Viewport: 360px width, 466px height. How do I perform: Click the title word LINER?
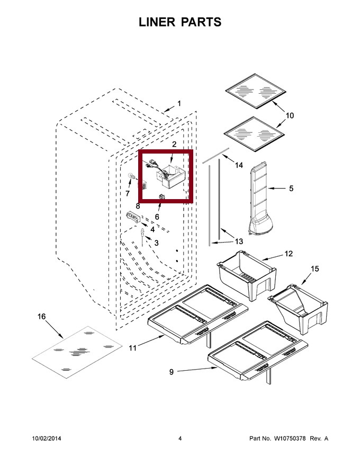click(157, 22)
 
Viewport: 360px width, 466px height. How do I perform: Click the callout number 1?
click(179, 103)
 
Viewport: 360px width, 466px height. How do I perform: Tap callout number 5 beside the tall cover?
click(291, 189)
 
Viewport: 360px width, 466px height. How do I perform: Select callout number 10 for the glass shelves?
click(290, 115)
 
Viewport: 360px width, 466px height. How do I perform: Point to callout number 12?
click(289, 254)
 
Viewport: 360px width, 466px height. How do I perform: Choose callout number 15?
click(315, 268)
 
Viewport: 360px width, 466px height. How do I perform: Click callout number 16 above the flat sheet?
click(42, 317)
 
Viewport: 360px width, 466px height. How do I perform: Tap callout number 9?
click(172, 372)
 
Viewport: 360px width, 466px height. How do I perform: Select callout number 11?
click(132, 348)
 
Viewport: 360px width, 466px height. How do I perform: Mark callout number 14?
click(239, 165)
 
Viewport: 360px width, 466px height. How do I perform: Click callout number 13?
click(239, 241)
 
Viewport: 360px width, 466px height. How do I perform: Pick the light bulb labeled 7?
click(132, 177)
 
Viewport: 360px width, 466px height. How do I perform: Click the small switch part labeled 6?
click(162, 196)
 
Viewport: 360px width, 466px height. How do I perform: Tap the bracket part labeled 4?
click(133, 218)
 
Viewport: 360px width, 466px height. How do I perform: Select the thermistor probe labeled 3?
click(142, 237)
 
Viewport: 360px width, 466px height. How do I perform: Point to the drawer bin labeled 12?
click(247, 275)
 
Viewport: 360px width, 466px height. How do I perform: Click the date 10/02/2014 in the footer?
click(47, 438)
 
